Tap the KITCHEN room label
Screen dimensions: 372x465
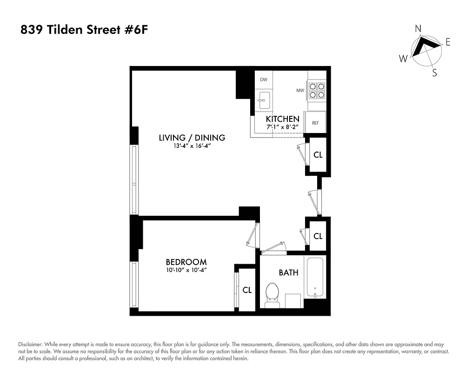pos(282,119)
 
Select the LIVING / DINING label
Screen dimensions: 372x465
pos(192,138)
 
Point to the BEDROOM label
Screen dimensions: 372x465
pos(186,262)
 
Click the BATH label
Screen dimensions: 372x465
pos(288,272)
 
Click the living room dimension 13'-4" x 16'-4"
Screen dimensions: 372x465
pos(192,146)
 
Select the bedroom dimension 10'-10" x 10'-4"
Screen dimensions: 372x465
pos(186,270)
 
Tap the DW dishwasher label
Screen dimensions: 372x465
pos(264,80)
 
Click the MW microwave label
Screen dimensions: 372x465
pos(300,90)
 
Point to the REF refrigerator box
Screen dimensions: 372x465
pos(315,123)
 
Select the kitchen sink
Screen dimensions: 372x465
pos(264,99)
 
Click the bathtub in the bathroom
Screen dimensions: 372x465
pos(315,277)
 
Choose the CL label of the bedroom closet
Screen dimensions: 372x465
pos(247,290)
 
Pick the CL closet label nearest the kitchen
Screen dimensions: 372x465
pos(318,155)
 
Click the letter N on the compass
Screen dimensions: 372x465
pos(418,29)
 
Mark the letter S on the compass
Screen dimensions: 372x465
pos(434,73)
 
